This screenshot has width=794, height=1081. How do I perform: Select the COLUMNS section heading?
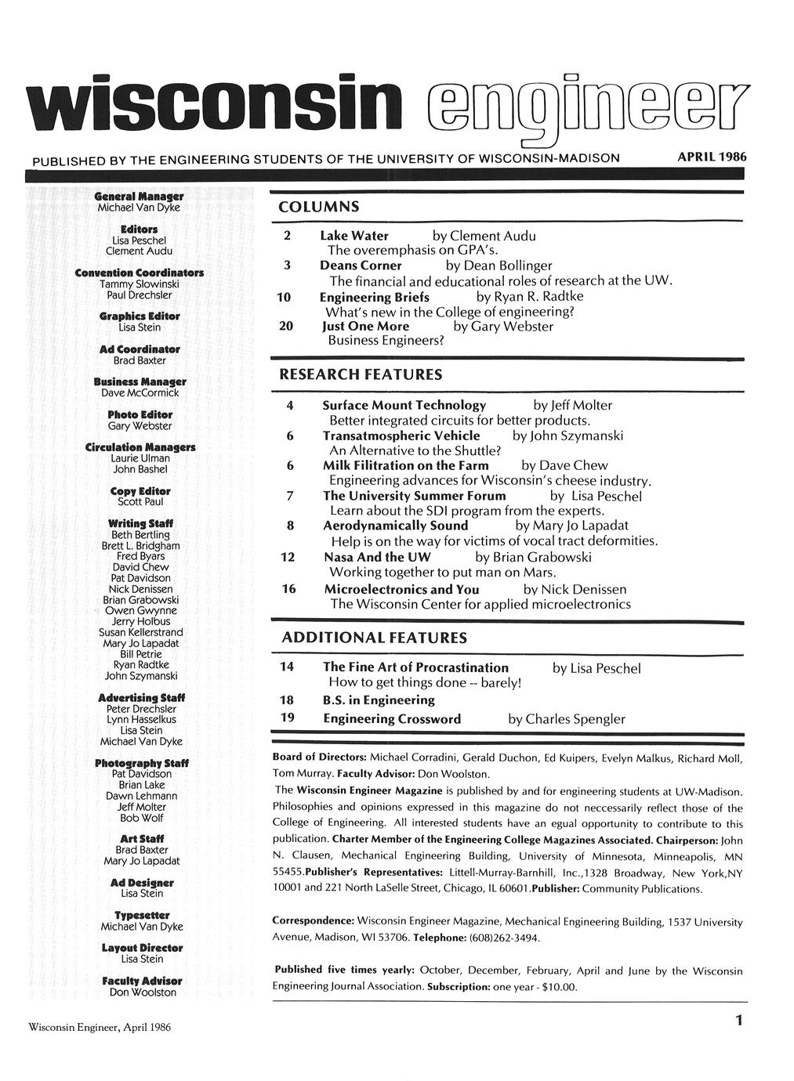pyautogui.click(x=320, y=207)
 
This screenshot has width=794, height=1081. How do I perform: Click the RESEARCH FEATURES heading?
pyautogui.click(x=361, y=374)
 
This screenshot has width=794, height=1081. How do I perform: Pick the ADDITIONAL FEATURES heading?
pyautogui.click(x=374, y=638)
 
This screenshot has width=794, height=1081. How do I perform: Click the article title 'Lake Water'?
pyautogui.click(x=353, y=236)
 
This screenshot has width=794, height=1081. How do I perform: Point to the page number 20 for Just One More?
pyautogui.click(x=286, y=326)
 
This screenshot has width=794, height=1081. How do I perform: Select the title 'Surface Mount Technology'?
pyautogui.click(x=404, y=405)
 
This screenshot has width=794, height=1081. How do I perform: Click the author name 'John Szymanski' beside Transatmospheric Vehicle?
pyautogui.click(x=578, y=436)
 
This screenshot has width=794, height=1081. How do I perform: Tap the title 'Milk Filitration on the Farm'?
pyautogui.click(x=406, y=465)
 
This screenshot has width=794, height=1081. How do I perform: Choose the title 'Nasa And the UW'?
pyautogui.click(x=377, y=557)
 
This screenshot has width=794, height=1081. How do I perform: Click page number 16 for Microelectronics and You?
pyautogui.click(x=288, y=588)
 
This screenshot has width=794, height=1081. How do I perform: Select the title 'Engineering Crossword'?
pyautogui.click(x=392, y=718)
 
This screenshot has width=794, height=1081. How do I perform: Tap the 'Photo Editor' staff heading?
pyautogui.click(x=140, y=414)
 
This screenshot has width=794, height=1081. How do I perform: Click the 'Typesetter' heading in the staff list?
pyautogui.click(x=141, y=915)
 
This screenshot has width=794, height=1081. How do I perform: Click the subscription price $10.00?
pyautogui.click(x=557, y=986)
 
